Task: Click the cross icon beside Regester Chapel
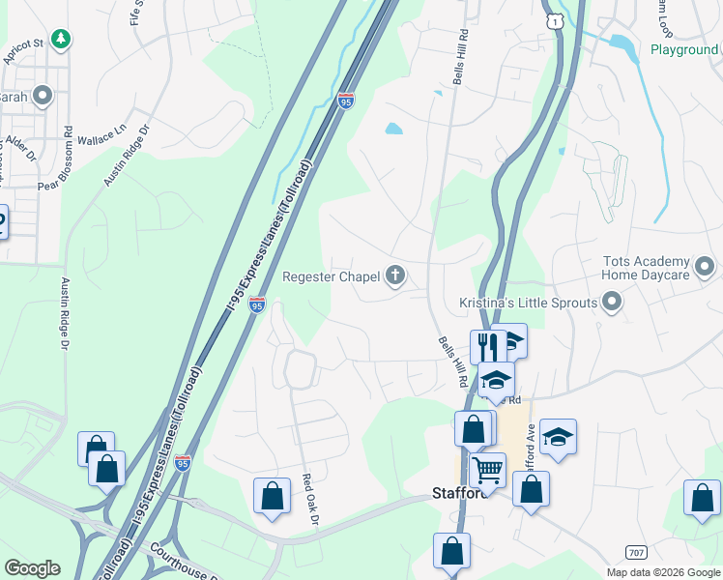[x=394, y=277]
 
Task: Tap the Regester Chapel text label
[x=331, y=277]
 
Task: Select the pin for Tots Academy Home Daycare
[x=704, y=265]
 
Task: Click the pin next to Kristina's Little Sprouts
[x=611, y=304]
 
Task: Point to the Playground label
[x=683, y=49]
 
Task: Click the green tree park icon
[x=61, y=39]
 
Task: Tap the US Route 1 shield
[x=554, y=19]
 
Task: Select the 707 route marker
[x=636, y=551]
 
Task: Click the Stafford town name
[x=458, y=493]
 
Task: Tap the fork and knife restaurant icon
[x=485, y=345]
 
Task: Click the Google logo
[x=32, y=568]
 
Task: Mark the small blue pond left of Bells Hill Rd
[x=393, y=128]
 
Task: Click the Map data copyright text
[x=662, y=571]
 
